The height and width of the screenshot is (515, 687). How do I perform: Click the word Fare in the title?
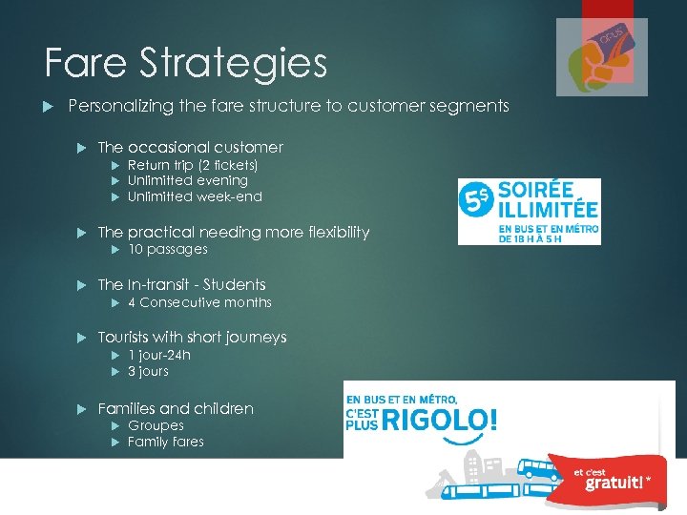click(84, 63)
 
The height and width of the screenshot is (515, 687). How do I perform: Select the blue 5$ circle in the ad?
click(475, 201)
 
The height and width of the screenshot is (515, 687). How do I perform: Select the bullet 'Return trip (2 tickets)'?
click(193, 165)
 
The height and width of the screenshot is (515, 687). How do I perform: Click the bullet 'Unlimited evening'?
click(187, 180)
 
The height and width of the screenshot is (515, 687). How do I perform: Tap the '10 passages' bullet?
click(167, 249)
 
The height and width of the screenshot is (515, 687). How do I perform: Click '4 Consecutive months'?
click(199, 302)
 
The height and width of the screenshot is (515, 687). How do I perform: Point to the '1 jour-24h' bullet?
click(158, 355)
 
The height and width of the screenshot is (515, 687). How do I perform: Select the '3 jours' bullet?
click(148, 371)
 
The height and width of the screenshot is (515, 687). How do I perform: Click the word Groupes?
click(156, 425)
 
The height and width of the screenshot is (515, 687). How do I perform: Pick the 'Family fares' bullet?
click(165, 442)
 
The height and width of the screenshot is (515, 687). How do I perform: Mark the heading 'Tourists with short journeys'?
click(192, 337)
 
